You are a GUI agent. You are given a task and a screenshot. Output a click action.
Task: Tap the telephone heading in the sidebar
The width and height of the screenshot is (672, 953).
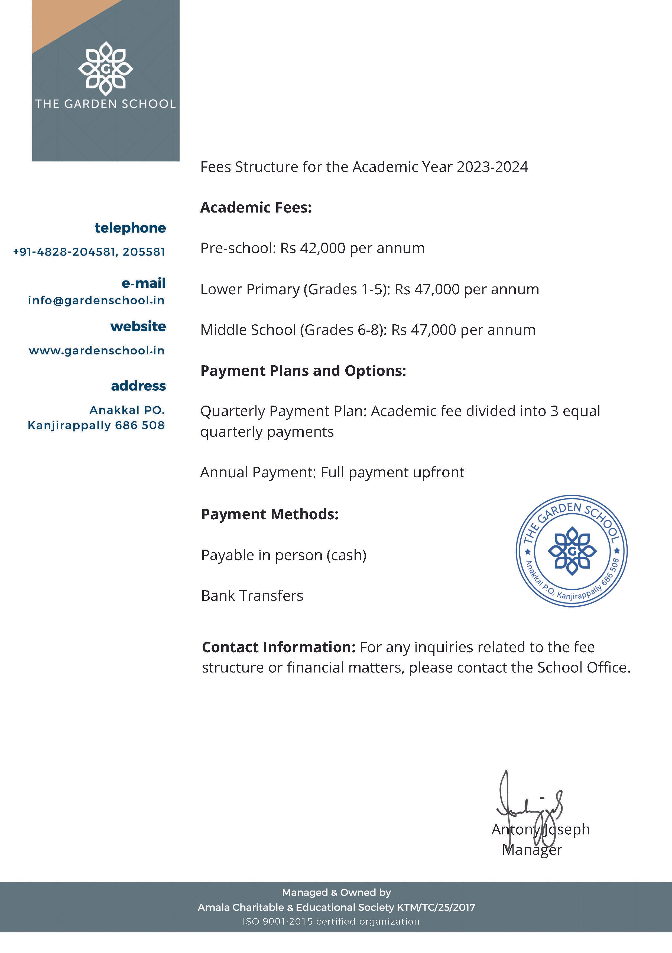[130, 228]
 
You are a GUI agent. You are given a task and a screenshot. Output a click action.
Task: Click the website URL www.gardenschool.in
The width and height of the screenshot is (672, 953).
[97, 351]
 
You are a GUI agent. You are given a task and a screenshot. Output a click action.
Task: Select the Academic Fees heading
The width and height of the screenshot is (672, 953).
[256, 207]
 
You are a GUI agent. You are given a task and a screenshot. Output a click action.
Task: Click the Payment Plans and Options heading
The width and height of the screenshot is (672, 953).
[303, 370]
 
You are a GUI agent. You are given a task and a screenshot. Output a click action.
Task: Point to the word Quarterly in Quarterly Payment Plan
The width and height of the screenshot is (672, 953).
[233, 411]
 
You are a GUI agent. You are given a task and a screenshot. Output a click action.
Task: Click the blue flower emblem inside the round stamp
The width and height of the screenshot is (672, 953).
[572, 551]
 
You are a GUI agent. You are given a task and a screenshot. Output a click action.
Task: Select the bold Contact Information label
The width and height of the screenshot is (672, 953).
[278, 647]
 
